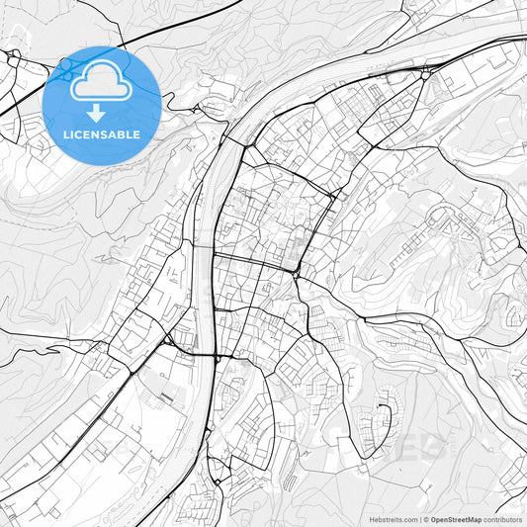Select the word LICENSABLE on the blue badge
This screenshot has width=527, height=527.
pos(102,134)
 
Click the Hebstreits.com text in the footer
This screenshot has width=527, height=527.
pos(393,519)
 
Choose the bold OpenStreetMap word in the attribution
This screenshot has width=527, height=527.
pos(456,519)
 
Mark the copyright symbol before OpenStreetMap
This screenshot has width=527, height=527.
pos(425,519)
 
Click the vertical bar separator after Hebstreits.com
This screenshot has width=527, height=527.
pos(418,519)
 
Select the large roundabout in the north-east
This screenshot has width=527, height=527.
pos(425,71)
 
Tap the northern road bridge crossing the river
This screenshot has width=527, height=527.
pos(228,138)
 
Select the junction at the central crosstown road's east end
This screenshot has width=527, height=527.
pos(297,270)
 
